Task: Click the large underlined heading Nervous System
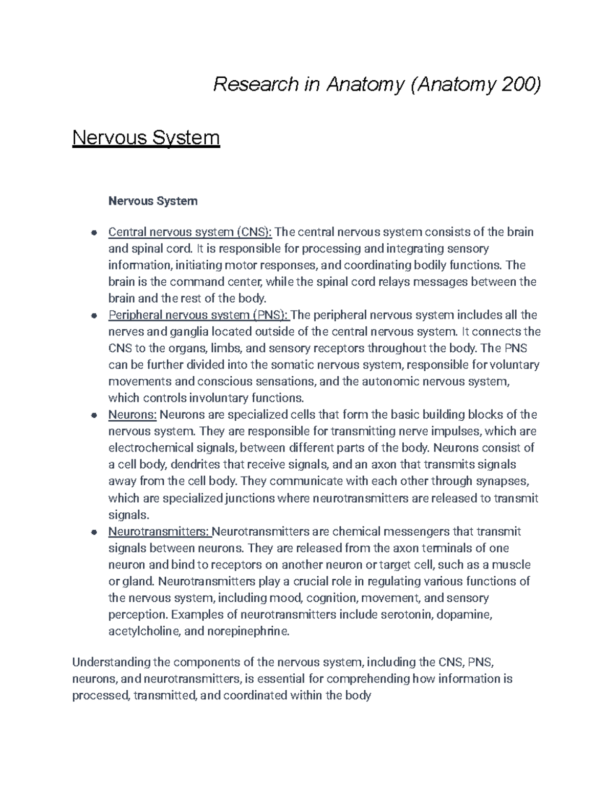(x=146, y=138)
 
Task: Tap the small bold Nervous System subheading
(x=152, y=201)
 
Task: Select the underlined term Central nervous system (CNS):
(x=190, y=232)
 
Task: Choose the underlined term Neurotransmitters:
(x=159, y=532)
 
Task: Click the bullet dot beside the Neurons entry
(x=94, y=415)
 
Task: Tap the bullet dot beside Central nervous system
(x=94, y=233)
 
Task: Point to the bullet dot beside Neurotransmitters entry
(x=94, y=532)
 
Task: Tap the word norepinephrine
(x=248, y=631)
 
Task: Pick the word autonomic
(x=390, y=381)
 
